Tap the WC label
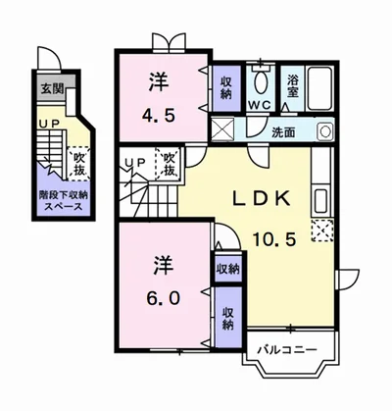pos(260,103)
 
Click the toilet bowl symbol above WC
pos(261,80)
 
